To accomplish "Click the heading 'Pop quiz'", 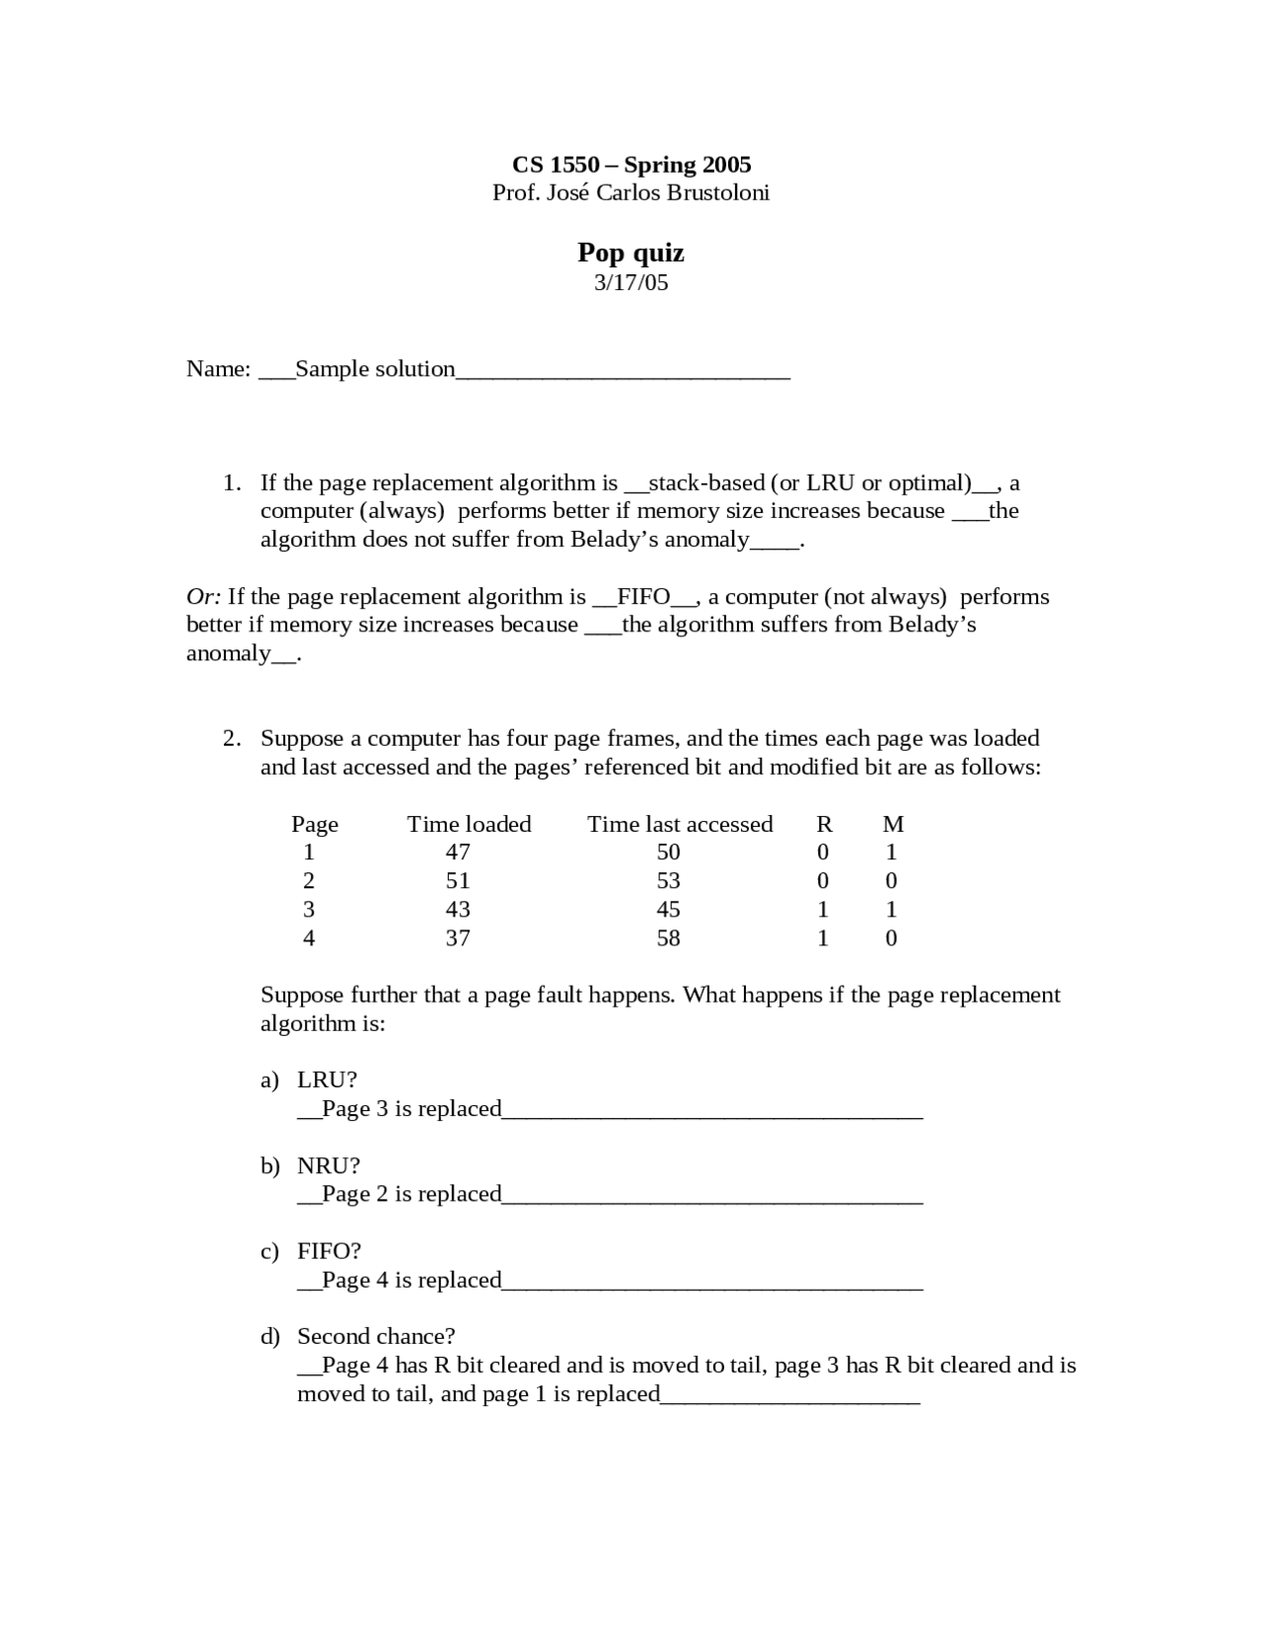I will pyautogui.click(x=631, y=254).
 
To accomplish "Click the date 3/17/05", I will pyautogui.click(x=631, y=283).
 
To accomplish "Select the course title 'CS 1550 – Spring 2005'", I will pyautogui.click(x=631, y=165).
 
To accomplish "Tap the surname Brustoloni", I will pyautogui.click(x=717, y=192).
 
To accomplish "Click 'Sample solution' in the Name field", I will pyautogui.click(x=375, y=369).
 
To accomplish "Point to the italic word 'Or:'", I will pyautogui.click(x=203, y=597).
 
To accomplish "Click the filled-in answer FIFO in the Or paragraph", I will pyautogui.click(x=643, y=597).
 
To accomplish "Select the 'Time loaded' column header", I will pyautogui.click(x=469, y=825).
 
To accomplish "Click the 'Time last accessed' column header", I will pyautogui.click(x=680, y=825).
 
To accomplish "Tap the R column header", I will pyautogui.click(x=824, y=825).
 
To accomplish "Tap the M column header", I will pyautogui.click(x=892, y=825).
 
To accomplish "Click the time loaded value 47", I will pyautogui.click(x=458, y=853).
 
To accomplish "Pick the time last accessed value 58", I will pyautogui.click(x=668, y=938).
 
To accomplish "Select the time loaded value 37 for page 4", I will pyautogui.click(x=458, y=938).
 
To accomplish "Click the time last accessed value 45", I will pyautogui.click(x=668, y=910).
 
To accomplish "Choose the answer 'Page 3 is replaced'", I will pyautogui.click(x=411, y=1109).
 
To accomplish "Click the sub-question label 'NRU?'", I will pyautogui.click(x=329, y=1166).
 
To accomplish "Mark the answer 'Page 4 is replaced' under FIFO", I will pyautogui.click(x=411, y=1281).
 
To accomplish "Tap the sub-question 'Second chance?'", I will pyautogui.click(x=376, y=1337).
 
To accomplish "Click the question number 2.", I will pyautogui.click(x=230, y=739).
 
